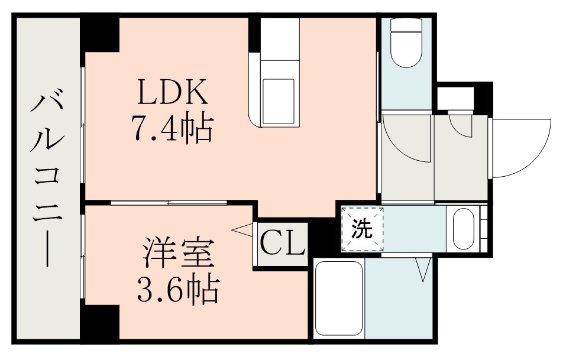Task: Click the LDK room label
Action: point(172,93)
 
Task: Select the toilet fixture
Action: point(406,44)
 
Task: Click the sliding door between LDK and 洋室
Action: point(169,203)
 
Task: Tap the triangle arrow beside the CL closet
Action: point(242,229)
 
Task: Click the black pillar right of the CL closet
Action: point(322,236)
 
